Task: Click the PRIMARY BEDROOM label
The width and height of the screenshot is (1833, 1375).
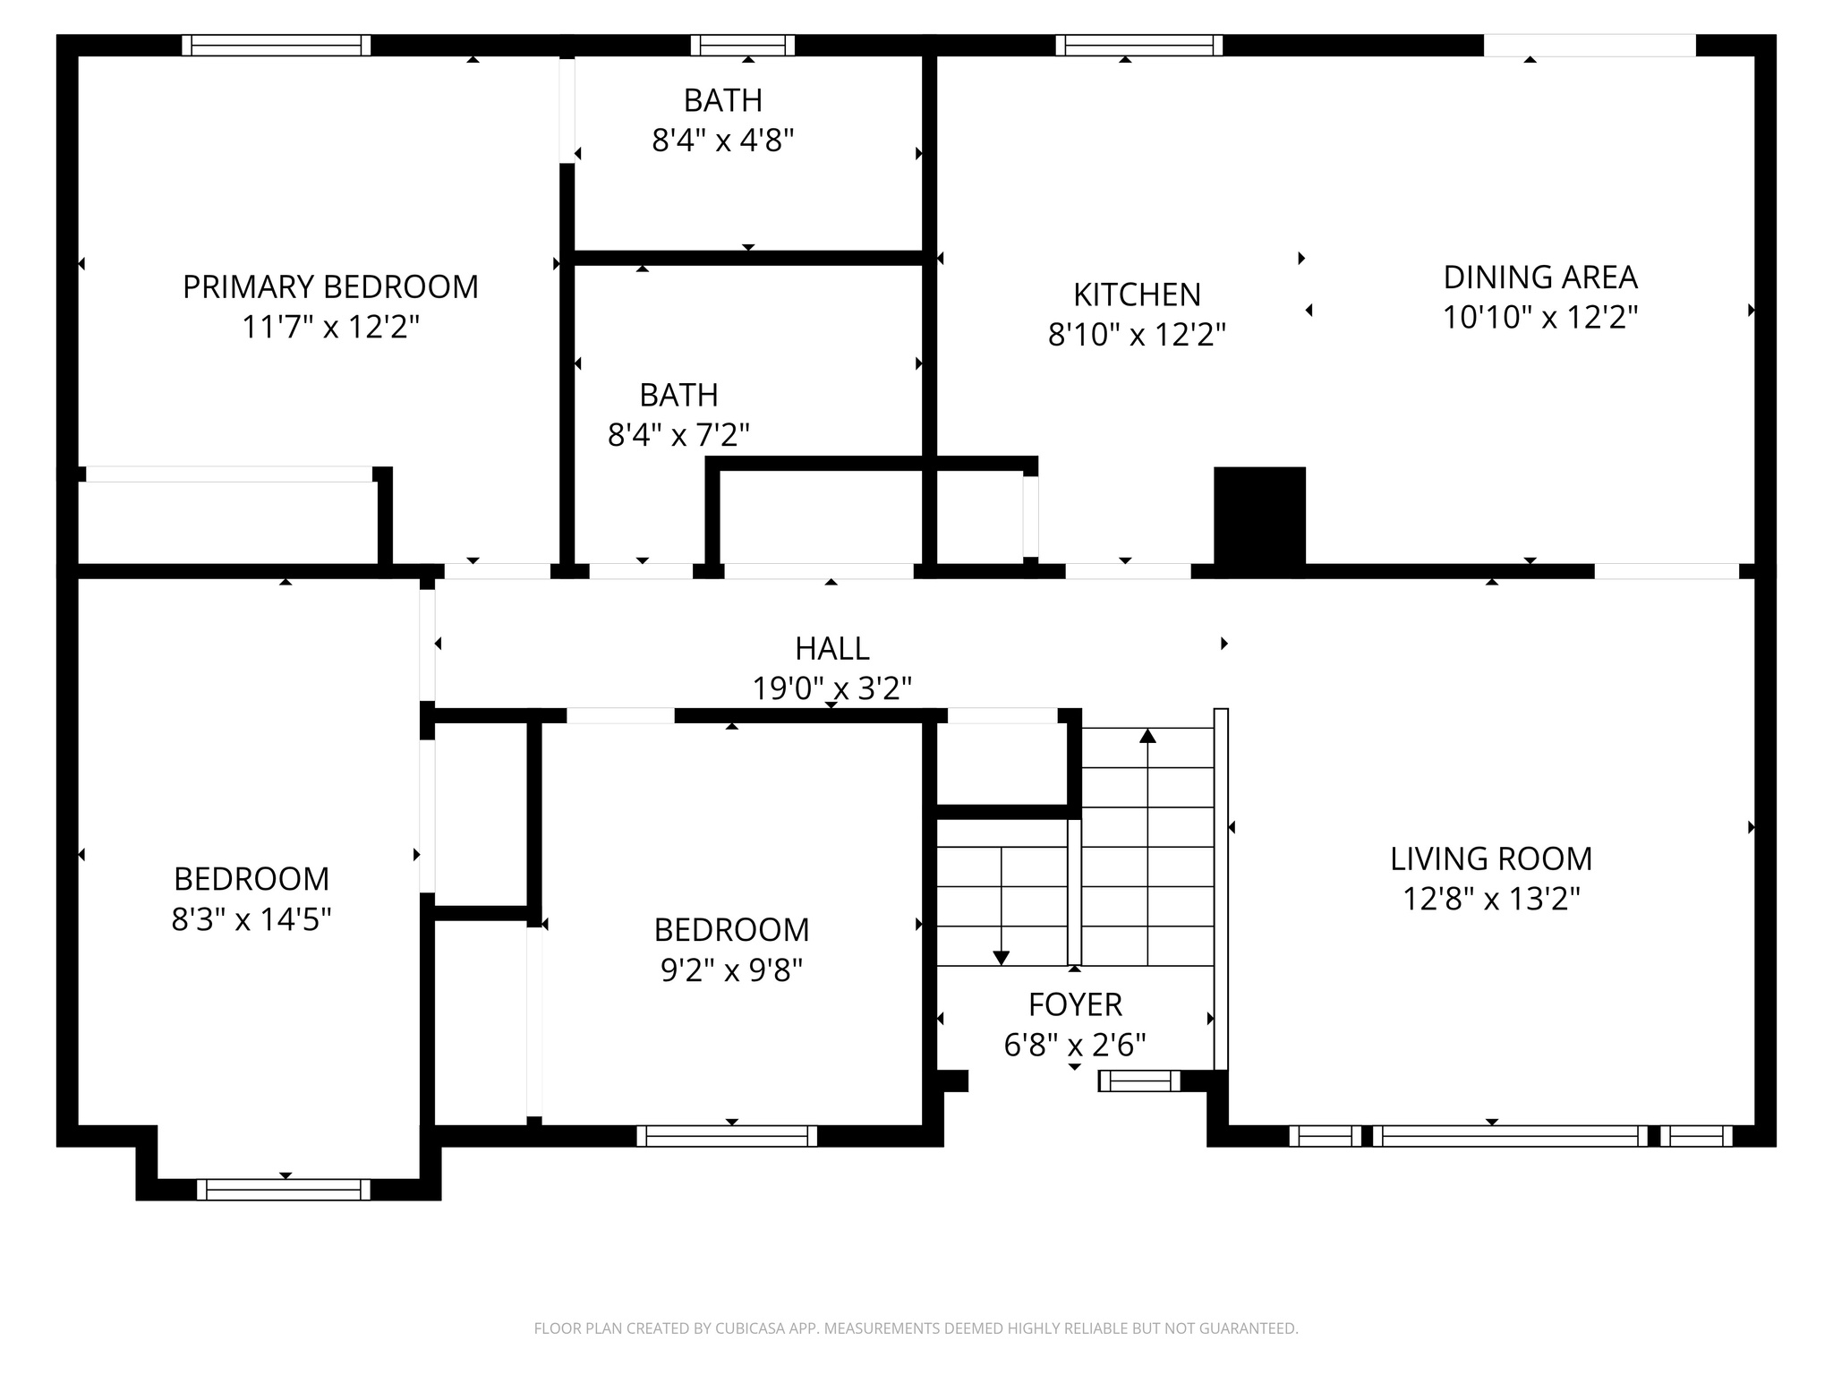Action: click(330, 287)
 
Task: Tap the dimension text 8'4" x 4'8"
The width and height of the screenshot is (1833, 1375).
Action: click(723, 141)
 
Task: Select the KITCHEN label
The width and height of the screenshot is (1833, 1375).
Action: click(1137, 295)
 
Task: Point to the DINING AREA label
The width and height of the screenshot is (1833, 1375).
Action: click(1540, 278)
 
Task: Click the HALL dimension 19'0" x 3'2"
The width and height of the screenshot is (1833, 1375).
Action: click(831, 689)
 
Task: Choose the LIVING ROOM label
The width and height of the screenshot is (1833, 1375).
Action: click(1491, 859)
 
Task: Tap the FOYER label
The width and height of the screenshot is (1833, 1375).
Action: click(1075, 1005)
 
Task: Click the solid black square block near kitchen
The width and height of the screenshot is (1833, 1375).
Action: click(1259, 516)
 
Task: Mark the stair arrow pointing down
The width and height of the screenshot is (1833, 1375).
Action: click(1001, 957)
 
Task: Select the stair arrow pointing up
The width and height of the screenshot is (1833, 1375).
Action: click(1147, 737)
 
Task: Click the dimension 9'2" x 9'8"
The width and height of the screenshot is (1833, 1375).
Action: click(731, 970)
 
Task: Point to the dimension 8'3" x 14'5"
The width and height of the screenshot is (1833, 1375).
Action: click(252, 919)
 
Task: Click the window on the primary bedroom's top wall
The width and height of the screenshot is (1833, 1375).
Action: click(277, 46)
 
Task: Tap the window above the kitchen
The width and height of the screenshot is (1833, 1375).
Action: click(1138, 46)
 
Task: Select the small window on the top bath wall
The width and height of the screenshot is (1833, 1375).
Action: click(743, 46)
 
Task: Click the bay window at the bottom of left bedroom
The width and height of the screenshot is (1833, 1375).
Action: click(284, 1190)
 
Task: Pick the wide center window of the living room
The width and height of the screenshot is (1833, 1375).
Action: click(1509, 1136)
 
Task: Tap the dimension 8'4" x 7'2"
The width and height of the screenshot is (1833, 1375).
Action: click(678, 435)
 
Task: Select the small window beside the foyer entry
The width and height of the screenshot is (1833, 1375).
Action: click(1139, 1081)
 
